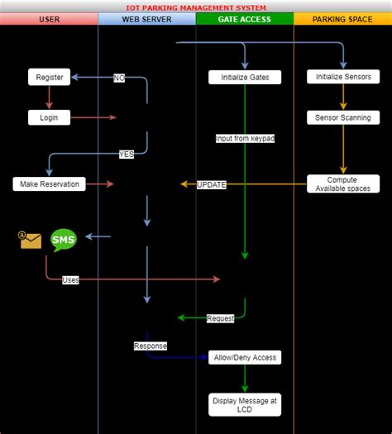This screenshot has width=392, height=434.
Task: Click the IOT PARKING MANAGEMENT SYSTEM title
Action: tap(196, 7)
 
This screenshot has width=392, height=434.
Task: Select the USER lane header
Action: tap(49, 19)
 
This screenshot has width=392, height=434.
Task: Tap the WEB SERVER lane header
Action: tap(146, 19)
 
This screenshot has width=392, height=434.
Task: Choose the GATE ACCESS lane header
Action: tap(245, 19)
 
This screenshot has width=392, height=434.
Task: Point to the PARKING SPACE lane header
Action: tap(342, 19)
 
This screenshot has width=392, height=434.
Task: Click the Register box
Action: tap(50, 77)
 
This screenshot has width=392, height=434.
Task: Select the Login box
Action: tap(50, 117)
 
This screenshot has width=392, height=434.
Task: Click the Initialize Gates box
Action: tap(245, 77)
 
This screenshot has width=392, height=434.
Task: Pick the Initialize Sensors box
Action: tap(343, 77)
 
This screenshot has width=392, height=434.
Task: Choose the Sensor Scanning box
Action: tap(343, 117)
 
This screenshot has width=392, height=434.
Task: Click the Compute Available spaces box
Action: tap(343, 184)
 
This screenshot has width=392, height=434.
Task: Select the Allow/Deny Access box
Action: tap(245, 357)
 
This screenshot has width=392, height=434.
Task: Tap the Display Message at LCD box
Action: tap(245, 403)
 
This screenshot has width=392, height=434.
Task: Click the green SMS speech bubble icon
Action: tap(64, 240)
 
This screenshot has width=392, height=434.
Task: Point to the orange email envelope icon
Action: tap(31, 240)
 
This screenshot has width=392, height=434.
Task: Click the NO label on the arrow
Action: tap(120, 78)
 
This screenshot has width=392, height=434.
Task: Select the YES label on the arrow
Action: tap(127, 154)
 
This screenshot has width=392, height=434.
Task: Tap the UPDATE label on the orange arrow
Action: tap(211, 184)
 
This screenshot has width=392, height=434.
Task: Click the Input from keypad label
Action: tap(245, 138)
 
